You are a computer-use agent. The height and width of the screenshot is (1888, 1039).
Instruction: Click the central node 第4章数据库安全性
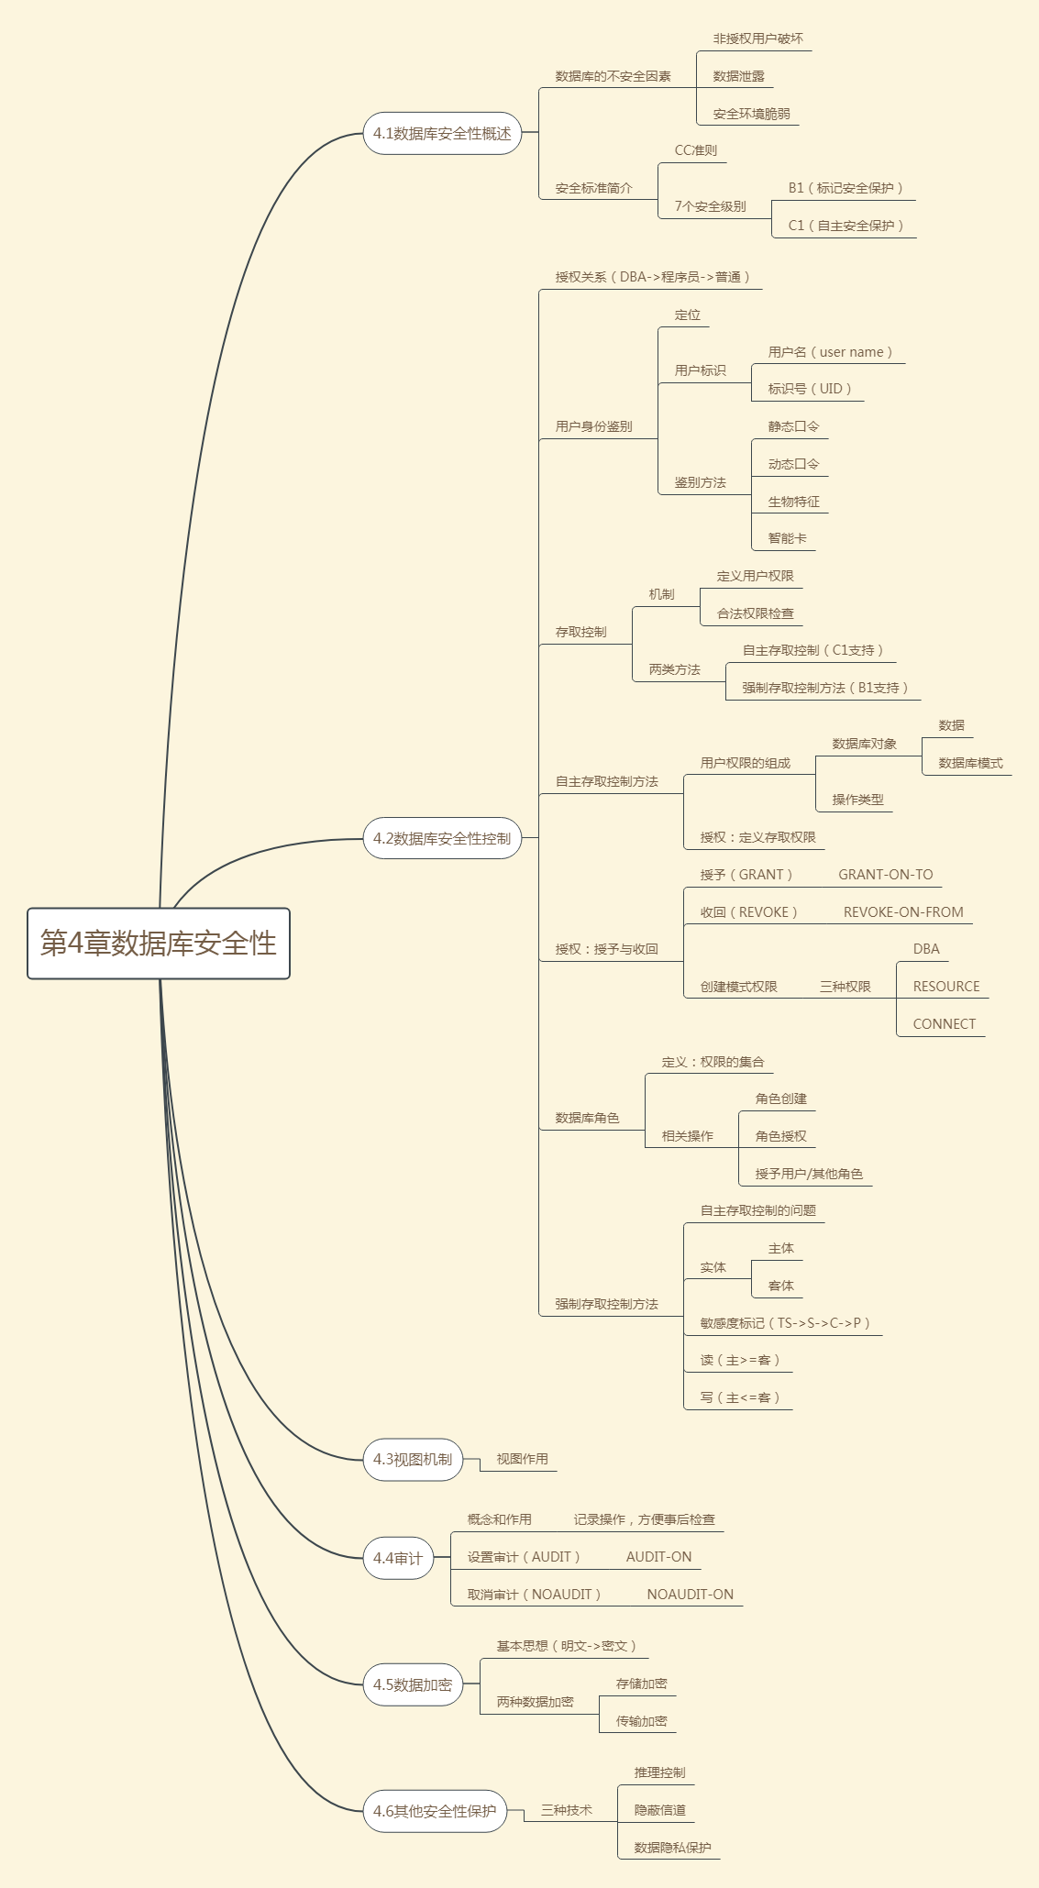click(159, 944)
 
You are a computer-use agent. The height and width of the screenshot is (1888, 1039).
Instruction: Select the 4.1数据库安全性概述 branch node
click(442, 134)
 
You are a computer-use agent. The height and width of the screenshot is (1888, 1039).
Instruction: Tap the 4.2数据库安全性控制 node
click(442, 838)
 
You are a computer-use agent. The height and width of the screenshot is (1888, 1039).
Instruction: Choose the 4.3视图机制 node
click(413, 1459)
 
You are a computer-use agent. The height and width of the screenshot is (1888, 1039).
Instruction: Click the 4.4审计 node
click(398, 1558)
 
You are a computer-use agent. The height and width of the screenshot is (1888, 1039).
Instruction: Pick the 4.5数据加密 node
click(413, 1684)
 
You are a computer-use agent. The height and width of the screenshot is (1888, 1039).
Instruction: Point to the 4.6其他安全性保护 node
click(435, 1811)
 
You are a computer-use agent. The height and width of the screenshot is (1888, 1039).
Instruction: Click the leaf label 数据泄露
click(738, 76)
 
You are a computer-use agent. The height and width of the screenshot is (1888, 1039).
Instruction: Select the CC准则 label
click(696, 150)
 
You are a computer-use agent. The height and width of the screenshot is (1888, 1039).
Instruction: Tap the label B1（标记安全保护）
click(846, 188)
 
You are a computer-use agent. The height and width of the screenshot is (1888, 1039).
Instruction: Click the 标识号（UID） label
click(810, 389)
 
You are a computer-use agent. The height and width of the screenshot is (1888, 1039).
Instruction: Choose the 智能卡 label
click(787, 538)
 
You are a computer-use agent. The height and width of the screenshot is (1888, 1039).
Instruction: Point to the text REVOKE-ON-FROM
click(903, 912)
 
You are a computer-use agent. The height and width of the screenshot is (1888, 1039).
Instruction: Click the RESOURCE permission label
click(946, 987)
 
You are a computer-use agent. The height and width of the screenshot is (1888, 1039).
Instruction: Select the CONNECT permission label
click(945, 1024)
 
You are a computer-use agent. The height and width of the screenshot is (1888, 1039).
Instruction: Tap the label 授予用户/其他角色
click(809, 1174)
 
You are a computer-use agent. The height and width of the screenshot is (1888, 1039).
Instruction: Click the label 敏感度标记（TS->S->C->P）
click(785, 1323)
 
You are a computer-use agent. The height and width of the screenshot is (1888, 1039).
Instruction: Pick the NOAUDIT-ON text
click(690, 1595)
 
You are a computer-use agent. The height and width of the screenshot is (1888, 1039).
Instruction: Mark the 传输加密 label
click(641, 1721)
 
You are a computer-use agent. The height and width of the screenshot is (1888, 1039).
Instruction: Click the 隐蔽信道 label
click(659, 1810)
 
